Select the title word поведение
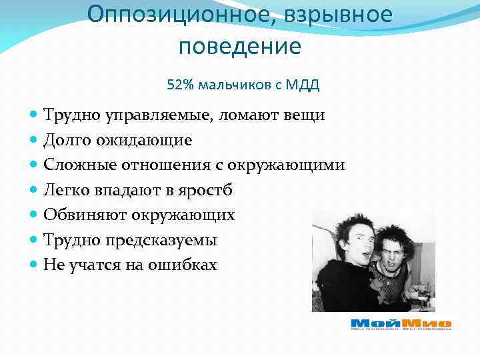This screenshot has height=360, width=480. pyautogui.click(x=240, y=47)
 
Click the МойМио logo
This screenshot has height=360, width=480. pyautogui.click(x=401, y=323)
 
